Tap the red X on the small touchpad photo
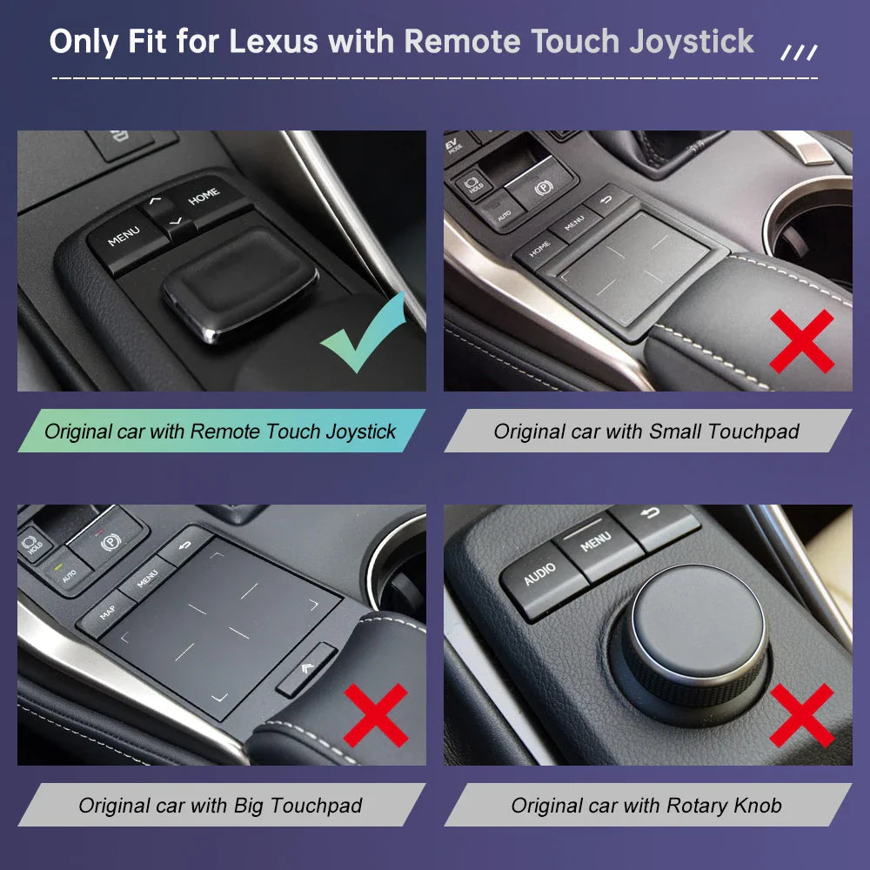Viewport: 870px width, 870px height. click(x=802, y=341)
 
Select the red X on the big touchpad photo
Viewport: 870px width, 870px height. click(x=376, y=714)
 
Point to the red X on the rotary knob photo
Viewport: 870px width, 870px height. click(x=802, y=714)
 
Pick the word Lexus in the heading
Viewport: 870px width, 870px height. click(x=273, y=42)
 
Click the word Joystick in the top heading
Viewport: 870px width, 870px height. click(x=692, y=43)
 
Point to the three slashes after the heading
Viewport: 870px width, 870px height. click(x=799, y=53)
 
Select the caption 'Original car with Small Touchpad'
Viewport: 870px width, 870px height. click(x=647, y=432)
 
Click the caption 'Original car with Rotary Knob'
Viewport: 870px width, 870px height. click(x=647, y=805)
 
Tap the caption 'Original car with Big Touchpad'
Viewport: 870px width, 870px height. click(x=221, y=805)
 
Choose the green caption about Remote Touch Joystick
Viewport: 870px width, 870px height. click(x=221, y=432)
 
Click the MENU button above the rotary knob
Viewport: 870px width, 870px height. click(x=597, y=544)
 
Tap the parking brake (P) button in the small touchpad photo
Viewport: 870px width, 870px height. click(x=541, y=184)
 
